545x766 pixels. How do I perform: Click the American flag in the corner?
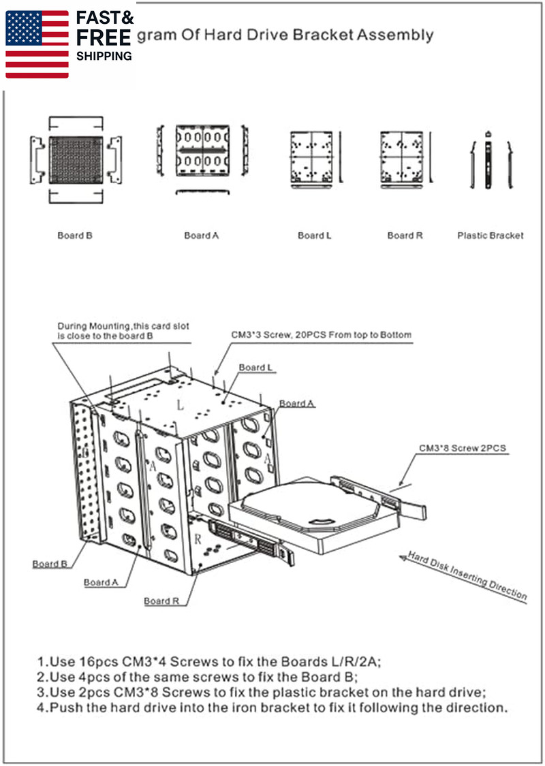[x=37, y=44]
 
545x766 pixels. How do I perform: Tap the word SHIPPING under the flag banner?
[x=104, y=57]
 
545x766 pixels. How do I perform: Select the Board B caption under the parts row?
[x=75, y=236]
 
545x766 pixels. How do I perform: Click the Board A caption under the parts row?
[x=202, y=236]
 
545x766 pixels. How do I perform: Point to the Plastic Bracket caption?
[x=490, y=236]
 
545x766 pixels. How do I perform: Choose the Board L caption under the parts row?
[x=315, y=236]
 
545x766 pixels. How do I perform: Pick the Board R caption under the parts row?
[x=405, y=236]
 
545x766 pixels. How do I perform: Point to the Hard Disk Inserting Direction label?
[x=467, y=576]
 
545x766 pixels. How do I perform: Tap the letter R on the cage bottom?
[x=198, y=539]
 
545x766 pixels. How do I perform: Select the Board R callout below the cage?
[x=161, y=601]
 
